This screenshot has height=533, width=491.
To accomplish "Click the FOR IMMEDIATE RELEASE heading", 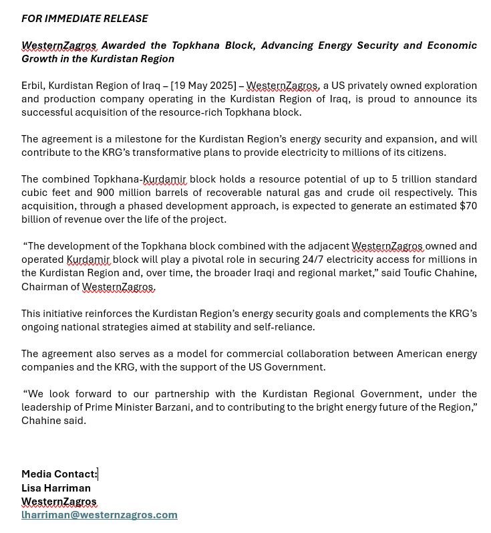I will coord(85,19).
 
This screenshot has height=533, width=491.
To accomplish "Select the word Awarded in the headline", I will coord(123,45).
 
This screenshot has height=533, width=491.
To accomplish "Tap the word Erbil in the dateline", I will coord(33,86).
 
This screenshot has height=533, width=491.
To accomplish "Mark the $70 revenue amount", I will coord(468,206).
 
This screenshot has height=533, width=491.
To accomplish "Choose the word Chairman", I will coord(44,287).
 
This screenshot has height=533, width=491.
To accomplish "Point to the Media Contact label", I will coord(59,474).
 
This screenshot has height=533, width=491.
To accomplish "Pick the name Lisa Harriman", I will coord(56,488).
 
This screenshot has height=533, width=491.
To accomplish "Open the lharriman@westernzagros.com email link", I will coord(100,514).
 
